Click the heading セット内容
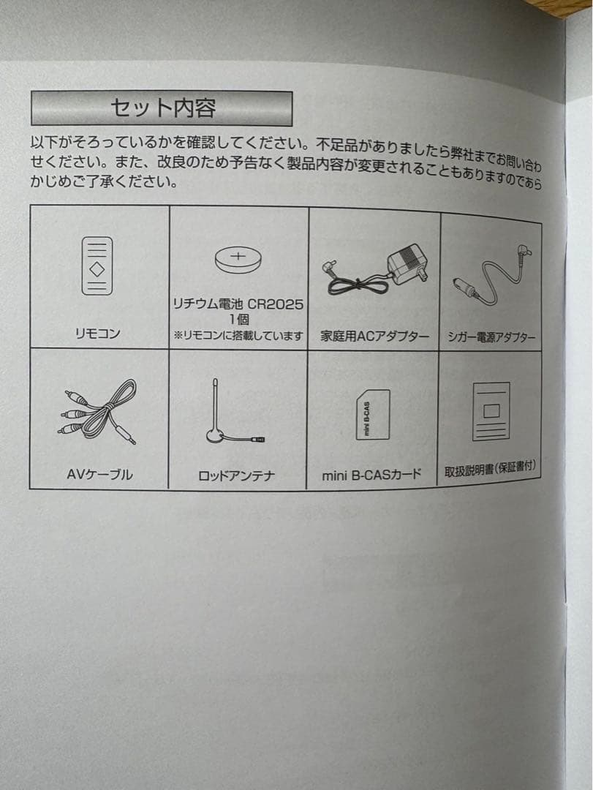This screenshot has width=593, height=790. (162, 108)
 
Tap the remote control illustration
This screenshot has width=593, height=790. (97, 266)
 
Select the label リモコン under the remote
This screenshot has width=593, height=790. (97, 334)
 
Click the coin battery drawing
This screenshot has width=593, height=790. (238, 260)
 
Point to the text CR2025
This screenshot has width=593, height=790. (276, 305)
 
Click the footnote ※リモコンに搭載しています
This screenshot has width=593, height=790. (238, 336)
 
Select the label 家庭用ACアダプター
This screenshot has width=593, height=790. (375, 336)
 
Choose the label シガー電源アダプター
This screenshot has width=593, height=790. (491, 337)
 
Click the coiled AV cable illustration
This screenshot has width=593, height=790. (100, 411)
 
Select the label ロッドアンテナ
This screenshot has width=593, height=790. (236, 476)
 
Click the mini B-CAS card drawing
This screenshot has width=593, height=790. (373, 415)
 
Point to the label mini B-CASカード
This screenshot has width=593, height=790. (371, 475)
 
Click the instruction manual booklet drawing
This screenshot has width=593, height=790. (491, 412)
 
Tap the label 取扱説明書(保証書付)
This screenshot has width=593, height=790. (490, 469)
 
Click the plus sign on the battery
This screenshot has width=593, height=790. (238, 255)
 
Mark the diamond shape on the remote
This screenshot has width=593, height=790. (97, 268)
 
